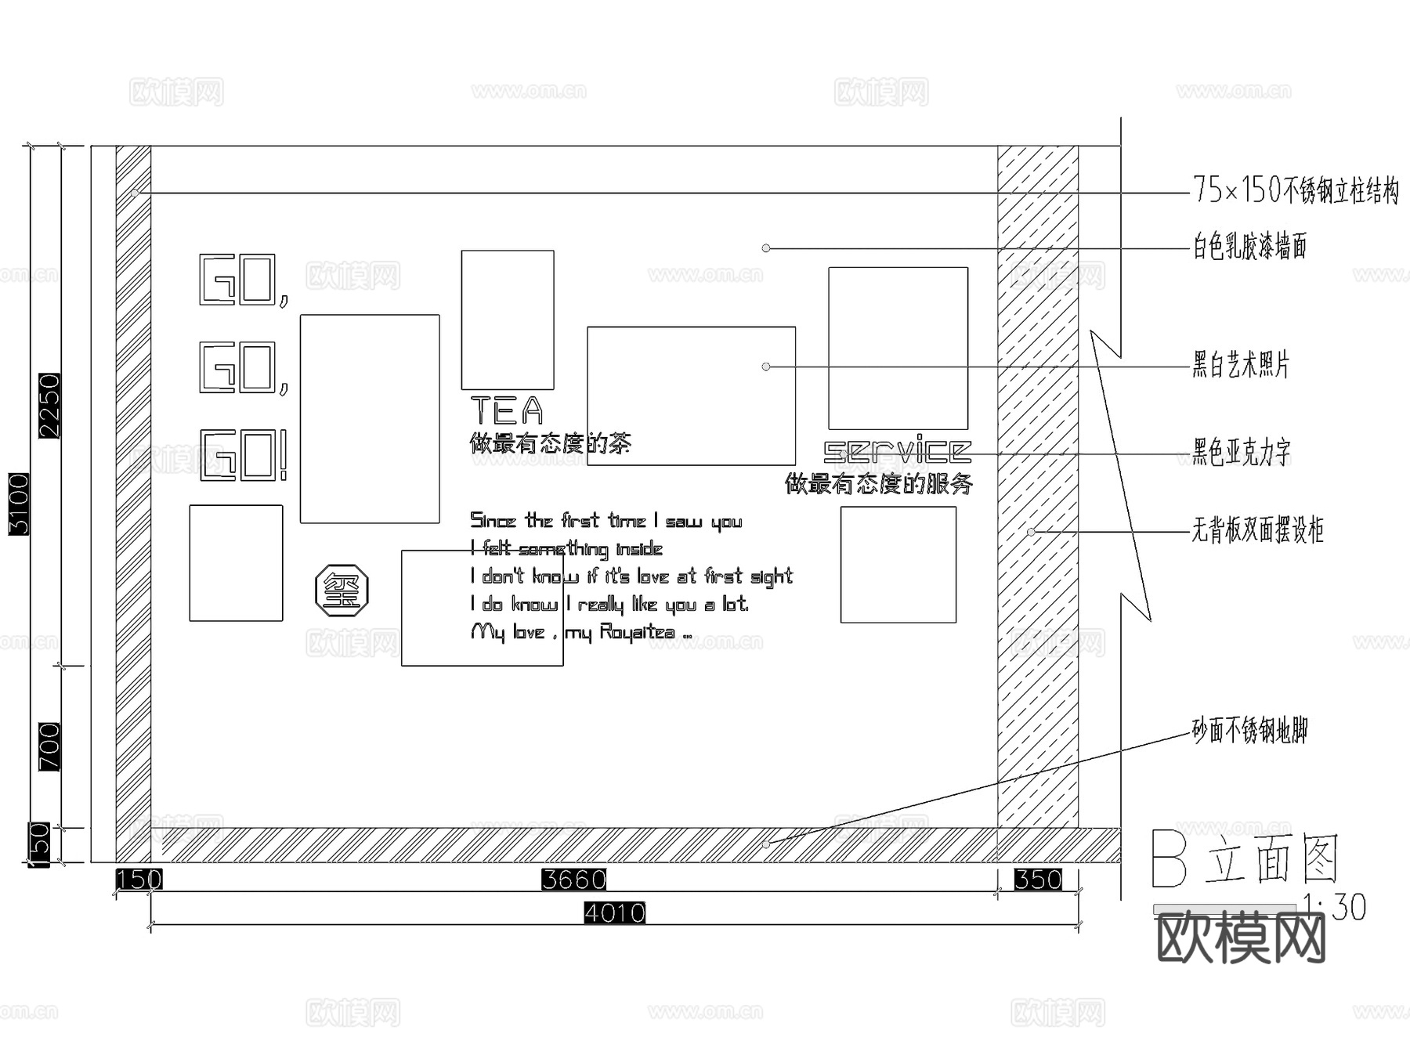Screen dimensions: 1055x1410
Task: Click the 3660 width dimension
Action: click(574, 880)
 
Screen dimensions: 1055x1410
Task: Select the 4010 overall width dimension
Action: click(615, 913)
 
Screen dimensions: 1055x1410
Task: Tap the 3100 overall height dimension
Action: click(19, 504)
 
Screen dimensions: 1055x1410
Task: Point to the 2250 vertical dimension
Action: click(49, 406)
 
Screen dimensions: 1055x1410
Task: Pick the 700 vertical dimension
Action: click(49, 747)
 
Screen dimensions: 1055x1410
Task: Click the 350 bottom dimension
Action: click(1038, 880)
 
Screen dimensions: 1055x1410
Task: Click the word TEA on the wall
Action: click(507, 410)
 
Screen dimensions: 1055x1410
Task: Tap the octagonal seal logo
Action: click(342, 591)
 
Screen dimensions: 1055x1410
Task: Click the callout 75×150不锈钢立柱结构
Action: click(1296, 190)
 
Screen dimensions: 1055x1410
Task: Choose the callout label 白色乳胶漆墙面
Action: click(1250, 247)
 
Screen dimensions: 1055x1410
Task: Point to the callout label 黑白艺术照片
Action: click(1241, 365)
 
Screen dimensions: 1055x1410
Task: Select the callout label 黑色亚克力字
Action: click(1242, 452)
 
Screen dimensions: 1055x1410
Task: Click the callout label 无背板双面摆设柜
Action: click(1258, 530)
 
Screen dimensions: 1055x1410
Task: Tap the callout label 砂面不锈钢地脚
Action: click(1250, 731)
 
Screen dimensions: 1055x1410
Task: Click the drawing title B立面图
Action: click(1245, 860)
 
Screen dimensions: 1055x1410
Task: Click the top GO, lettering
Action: click(244, 280)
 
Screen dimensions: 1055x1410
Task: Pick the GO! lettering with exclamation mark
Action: click(244, 455)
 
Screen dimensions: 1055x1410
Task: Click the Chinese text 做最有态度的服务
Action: click(879, 484)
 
